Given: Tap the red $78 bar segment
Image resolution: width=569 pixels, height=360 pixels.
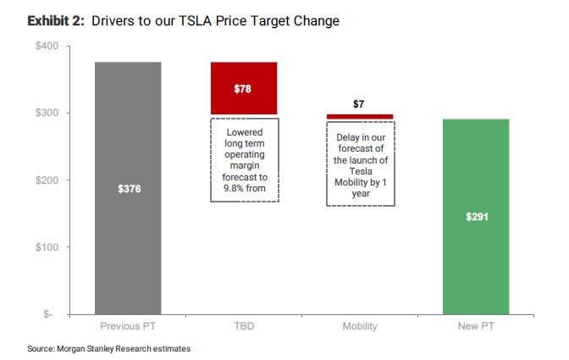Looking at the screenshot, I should (244, 88).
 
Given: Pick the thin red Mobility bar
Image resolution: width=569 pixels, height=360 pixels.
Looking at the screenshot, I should (360, 116).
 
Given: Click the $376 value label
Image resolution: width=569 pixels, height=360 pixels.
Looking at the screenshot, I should (128, 189).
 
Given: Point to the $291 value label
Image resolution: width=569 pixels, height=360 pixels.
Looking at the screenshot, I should (476, 217).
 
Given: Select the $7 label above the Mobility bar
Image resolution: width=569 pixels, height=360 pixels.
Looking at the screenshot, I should (360, 104).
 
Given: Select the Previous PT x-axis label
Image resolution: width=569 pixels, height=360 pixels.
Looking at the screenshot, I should (128, 326).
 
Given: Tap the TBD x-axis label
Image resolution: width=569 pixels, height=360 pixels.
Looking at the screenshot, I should (244, 326).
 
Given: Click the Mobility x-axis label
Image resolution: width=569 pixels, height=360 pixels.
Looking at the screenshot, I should (360, 326).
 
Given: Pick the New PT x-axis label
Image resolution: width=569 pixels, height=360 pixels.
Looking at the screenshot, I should (476, 326).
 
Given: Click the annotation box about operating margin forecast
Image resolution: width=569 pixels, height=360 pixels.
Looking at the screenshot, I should (245, 159).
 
